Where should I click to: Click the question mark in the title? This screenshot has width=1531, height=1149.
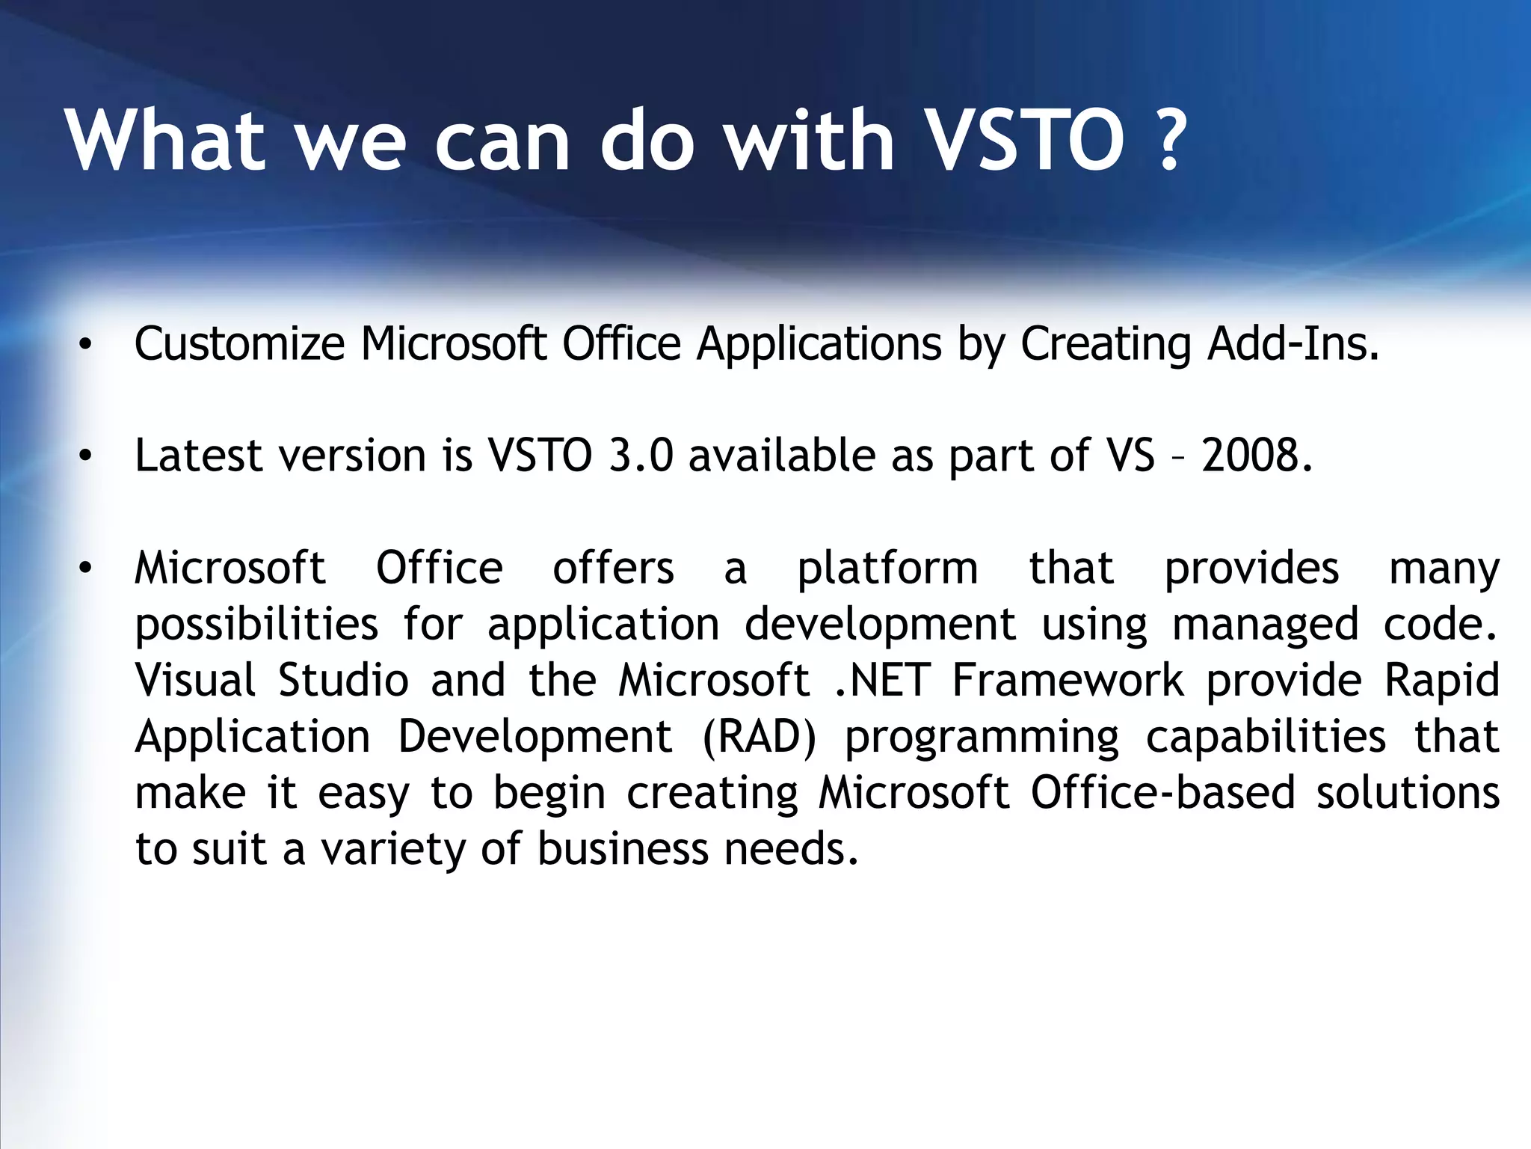click(1168, 141)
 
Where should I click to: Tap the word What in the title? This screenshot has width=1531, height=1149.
click(166, 141)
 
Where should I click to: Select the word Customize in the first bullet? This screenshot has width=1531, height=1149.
click(239, 345)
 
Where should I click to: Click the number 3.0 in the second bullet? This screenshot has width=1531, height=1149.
click(641, 456)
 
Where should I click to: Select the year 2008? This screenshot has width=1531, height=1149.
click(1257, 456)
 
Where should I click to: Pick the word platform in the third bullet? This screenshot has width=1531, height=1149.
click(887, 569)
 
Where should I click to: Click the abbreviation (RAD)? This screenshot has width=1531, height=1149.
click(760, 737)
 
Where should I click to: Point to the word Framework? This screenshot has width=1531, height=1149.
click(1068, 681)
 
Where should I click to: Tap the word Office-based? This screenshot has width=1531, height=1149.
click(1162, 793)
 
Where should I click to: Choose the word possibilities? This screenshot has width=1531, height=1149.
click(256, 625)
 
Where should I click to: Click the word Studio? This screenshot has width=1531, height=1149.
click(343, 681)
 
